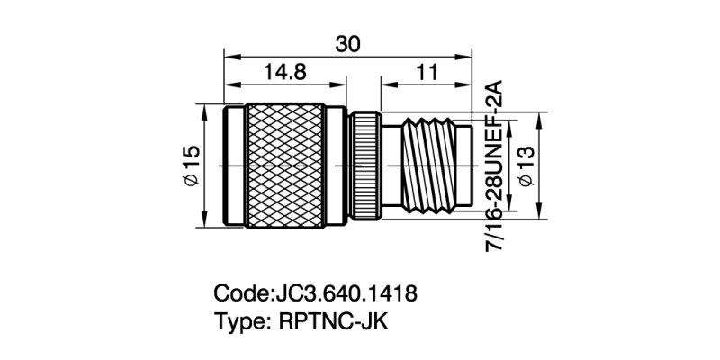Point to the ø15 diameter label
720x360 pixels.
coord(190,167)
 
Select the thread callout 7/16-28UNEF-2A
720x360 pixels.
coord(496,166)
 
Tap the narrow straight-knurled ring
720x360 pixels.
coord(365,166)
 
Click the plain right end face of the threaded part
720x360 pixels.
coord(464,166)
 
